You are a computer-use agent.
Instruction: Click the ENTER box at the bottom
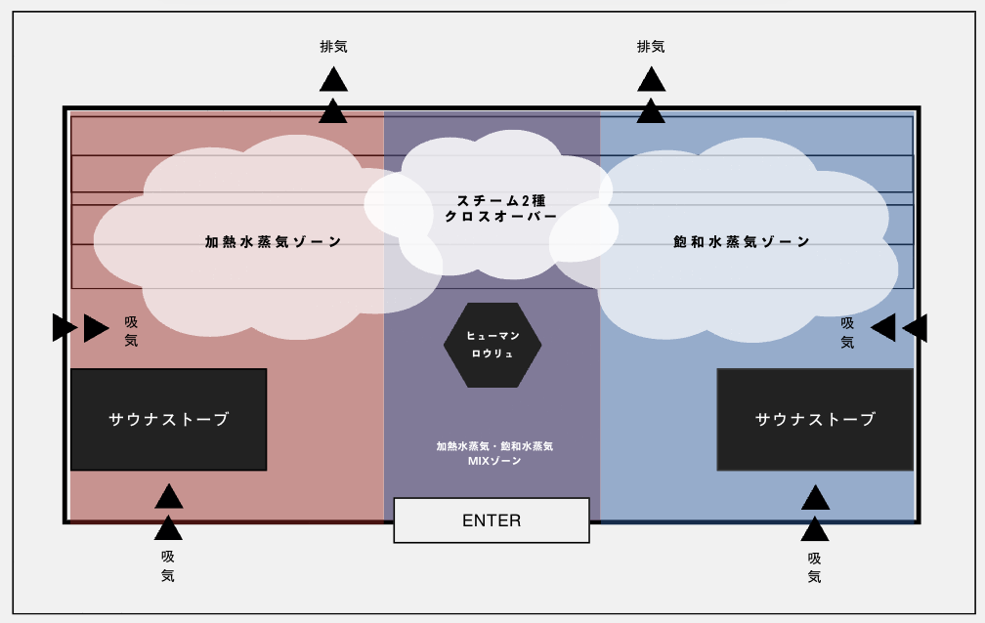(x=492, y=520)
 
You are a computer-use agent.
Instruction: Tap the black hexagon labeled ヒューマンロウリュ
(x=492, y=345)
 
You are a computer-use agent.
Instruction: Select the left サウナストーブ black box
(x=168, y=419)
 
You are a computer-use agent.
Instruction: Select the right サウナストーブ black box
(x=815, y=419)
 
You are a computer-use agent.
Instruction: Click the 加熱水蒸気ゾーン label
(x=274, y=242)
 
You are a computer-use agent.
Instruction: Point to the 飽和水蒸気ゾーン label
(x=742, y=242)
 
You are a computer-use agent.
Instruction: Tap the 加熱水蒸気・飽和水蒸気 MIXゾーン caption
(x=494, y=453)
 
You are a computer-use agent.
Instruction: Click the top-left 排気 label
(x=333, y=46)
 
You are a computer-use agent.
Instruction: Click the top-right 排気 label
(x=651, y=46)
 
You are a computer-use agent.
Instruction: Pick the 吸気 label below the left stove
(x=168, y=565)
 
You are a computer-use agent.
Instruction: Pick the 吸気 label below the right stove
(x=815, y=567)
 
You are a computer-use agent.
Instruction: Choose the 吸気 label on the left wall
(x=131, y=331)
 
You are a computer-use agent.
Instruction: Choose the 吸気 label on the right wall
(x=847, y=332)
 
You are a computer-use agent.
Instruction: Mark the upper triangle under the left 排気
(x=333, y=80)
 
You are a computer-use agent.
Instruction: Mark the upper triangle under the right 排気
(x=651, y=80)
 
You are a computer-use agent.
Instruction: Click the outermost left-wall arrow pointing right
(x=64, y=328)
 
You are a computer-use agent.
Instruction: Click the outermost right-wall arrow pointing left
(x=916, y=328)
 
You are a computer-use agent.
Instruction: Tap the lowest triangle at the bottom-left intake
(x=168, y=528)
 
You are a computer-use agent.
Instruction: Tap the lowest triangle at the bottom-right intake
(x=815, y=529)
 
